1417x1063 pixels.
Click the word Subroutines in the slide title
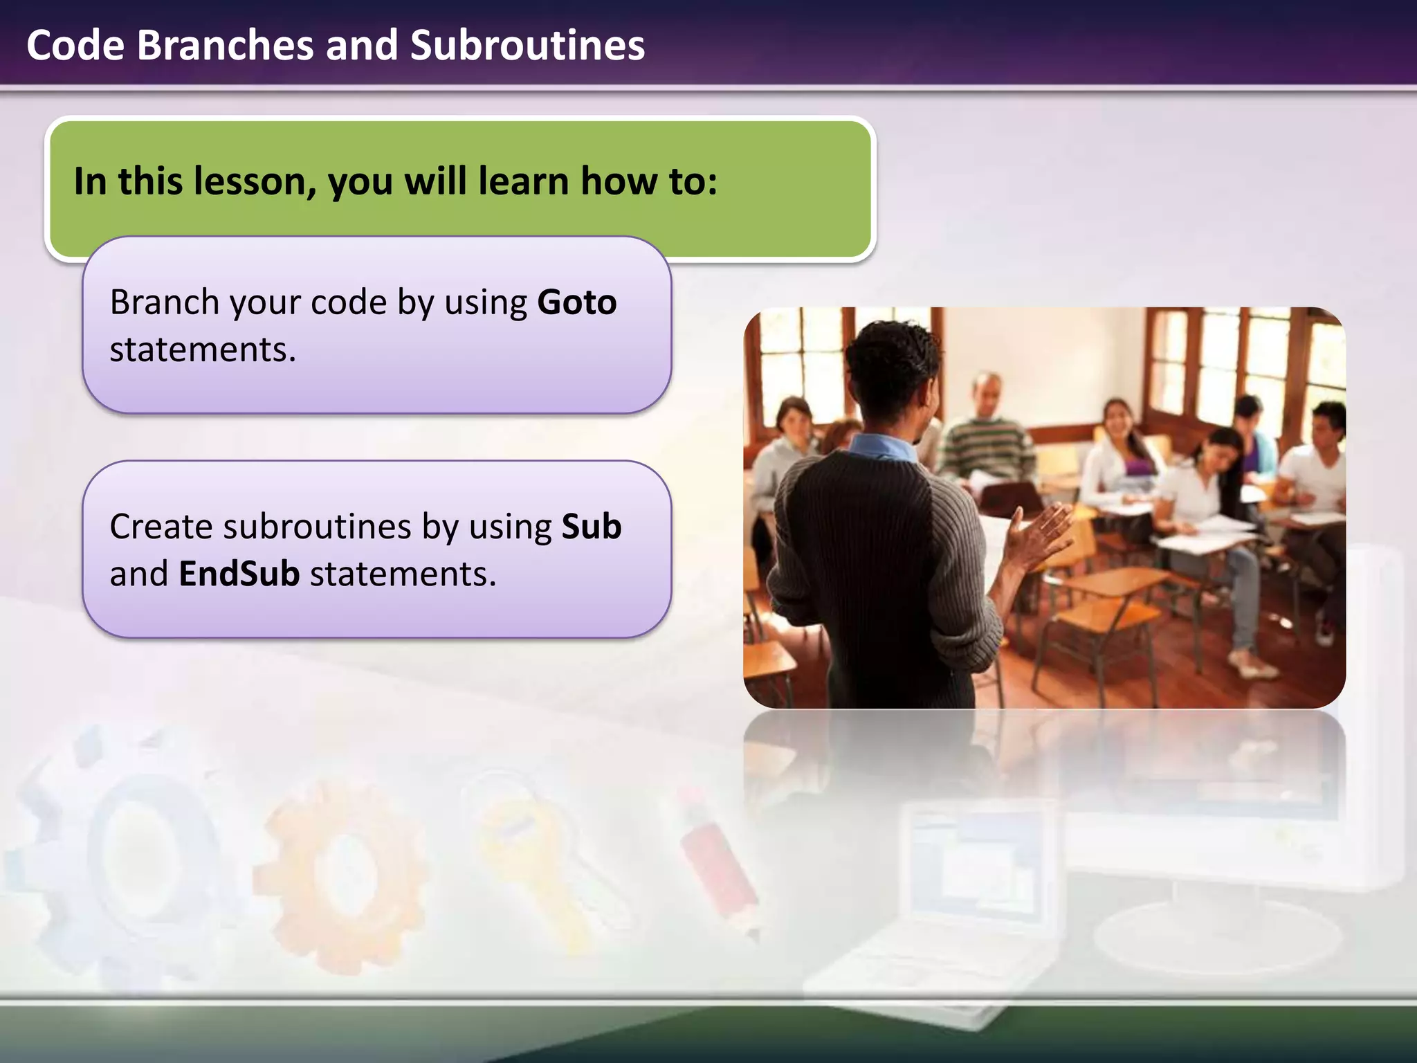tap(527, 46)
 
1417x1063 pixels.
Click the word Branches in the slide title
tap(225, 46)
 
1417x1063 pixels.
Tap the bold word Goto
tap(576, 302)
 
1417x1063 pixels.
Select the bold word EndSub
tap(239, 574)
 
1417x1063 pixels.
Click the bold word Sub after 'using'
tap(591, 527)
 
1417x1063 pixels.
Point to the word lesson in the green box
tap(249, 181)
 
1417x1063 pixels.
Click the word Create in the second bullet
tap(161, 527)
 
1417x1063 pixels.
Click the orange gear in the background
tap(342, 875)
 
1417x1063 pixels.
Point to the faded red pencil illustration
tap(720, 865)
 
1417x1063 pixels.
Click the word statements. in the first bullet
tap(203, 349)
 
